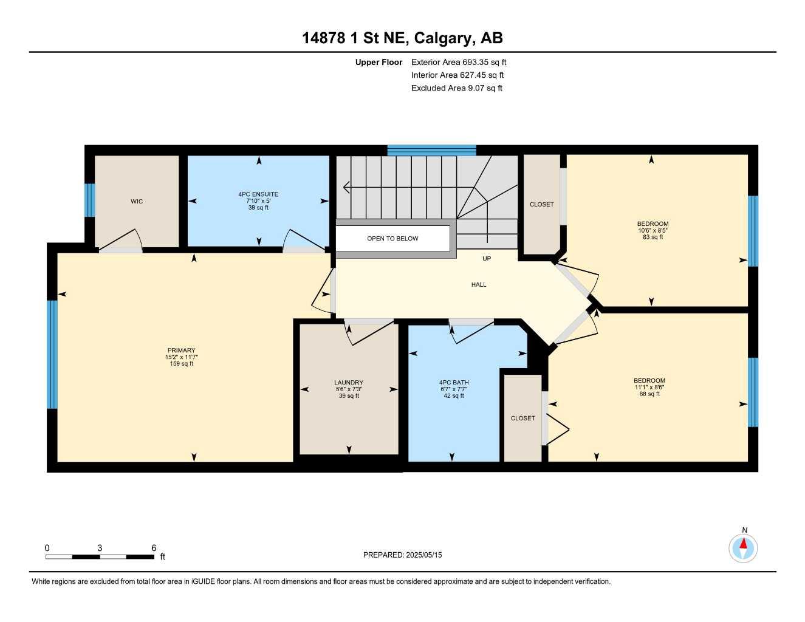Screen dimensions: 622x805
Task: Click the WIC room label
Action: click(137, 202)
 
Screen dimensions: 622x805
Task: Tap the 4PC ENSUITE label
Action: click(258, 194)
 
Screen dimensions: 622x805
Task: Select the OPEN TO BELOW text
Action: click(392, 239)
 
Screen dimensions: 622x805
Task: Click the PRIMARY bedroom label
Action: click(182, 350)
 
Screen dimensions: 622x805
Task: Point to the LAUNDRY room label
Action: click(349, 383)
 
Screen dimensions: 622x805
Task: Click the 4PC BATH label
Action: click(454, 383)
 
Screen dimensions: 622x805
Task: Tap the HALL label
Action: click(479, 285)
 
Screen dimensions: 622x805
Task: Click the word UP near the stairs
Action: click(487, 259)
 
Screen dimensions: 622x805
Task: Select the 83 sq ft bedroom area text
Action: click(653, 238)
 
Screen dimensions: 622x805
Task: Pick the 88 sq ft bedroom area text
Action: click(649, 394)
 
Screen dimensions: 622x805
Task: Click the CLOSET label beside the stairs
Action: click(541, 205)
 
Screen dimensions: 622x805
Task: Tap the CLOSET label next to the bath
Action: click(522, 419)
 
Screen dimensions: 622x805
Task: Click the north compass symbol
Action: click(743, 548)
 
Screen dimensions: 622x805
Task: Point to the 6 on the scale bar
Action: click(154, 548)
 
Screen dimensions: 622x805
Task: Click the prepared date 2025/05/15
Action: click(424, 555)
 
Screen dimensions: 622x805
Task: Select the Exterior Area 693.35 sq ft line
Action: click(459, 63)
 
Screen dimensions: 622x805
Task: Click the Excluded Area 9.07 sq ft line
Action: click(457, 88)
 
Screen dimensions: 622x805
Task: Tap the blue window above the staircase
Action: click(431, 150)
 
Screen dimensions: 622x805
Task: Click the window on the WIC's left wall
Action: click(90, 200)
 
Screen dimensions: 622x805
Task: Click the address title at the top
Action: click(402, 38)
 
